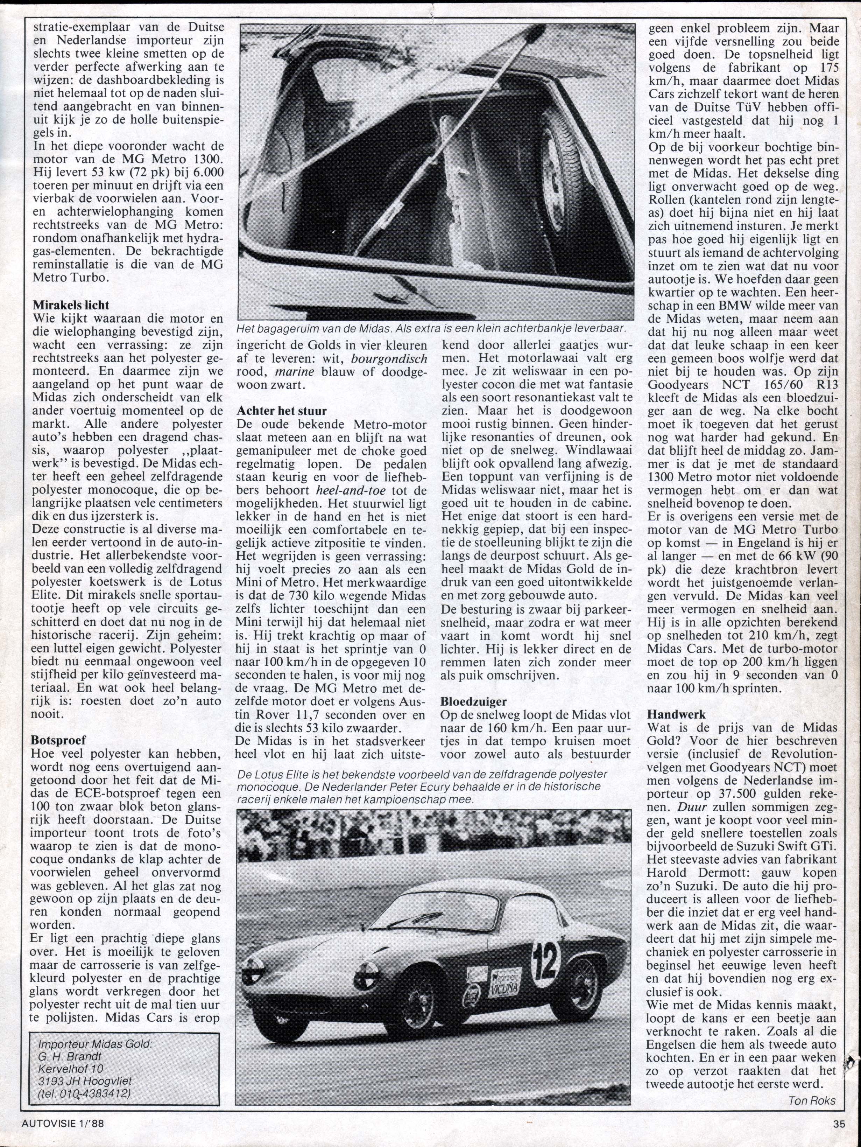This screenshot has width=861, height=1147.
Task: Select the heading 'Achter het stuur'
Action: click(282, 411)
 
